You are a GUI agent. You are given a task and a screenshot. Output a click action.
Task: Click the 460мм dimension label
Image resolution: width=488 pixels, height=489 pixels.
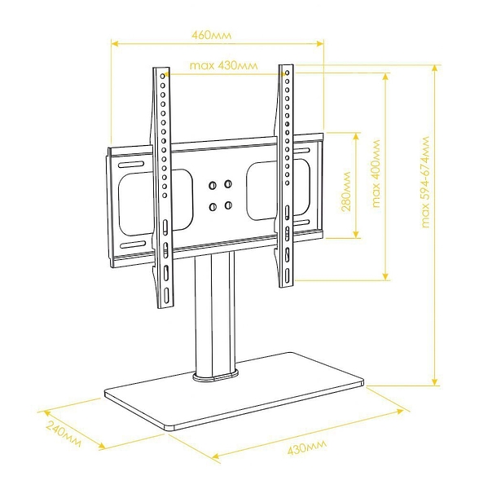point(212,34)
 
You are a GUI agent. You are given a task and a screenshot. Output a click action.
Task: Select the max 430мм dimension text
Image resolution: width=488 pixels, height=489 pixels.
point(223,65)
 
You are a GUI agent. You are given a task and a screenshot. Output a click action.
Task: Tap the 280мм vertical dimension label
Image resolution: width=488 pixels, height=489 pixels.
point(346,192)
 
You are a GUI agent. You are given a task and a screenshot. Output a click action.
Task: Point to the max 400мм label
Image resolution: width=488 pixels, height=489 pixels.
point(376,174)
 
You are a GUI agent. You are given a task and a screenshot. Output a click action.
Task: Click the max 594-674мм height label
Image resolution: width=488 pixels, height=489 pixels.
point(425,182)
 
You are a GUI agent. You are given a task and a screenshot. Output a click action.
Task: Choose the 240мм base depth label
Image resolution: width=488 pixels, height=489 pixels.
point(64,434)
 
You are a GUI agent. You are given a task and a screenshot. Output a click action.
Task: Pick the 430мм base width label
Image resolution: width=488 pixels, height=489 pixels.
point(307,447)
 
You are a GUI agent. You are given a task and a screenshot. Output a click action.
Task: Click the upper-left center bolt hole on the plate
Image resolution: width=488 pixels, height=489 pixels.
point(213,186)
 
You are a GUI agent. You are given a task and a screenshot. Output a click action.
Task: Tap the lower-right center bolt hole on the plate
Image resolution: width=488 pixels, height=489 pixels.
point(228,205)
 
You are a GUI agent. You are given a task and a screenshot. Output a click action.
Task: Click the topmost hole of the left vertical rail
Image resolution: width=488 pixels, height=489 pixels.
point(162,76)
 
